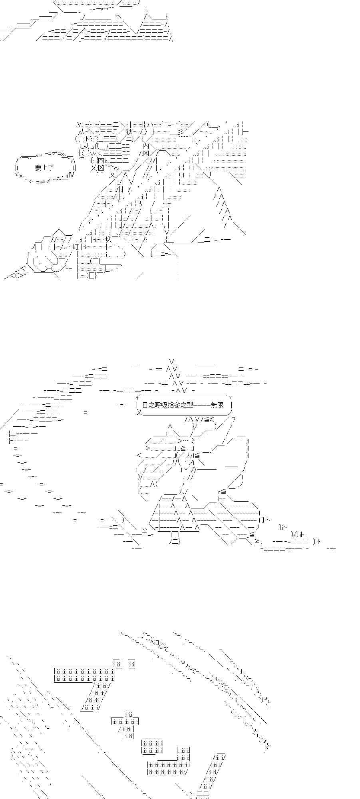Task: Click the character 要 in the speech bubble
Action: coord(38,168)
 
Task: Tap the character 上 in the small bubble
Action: coord(45,168)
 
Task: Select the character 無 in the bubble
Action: coord(214,405)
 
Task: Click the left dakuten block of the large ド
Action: coord(117,664)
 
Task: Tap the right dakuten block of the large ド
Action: coord(132,664)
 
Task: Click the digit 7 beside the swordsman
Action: coord(234,419)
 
